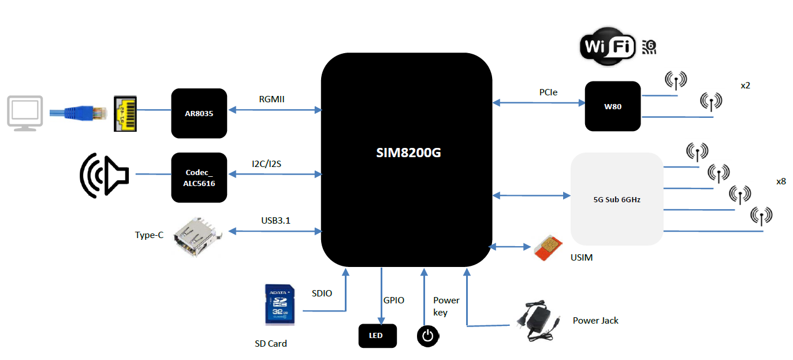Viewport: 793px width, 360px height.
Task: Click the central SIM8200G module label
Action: [x=409, y=154]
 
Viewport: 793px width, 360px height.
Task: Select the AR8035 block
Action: [x=199, y=113]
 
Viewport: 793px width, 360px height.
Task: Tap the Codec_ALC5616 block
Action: [x=199, y=177]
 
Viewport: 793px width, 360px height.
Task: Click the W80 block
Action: [x=613, y=106]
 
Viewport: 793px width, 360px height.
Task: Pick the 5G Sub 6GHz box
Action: [x=616, y=199]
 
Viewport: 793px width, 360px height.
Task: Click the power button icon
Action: [x=427, y=336]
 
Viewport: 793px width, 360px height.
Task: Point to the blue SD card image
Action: [x=280, y=304]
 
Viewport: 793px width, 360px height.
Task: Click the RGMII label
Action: [x=272, y=99]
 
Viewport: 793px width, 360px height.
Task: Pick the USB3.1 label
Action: [x=275, y=220]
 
